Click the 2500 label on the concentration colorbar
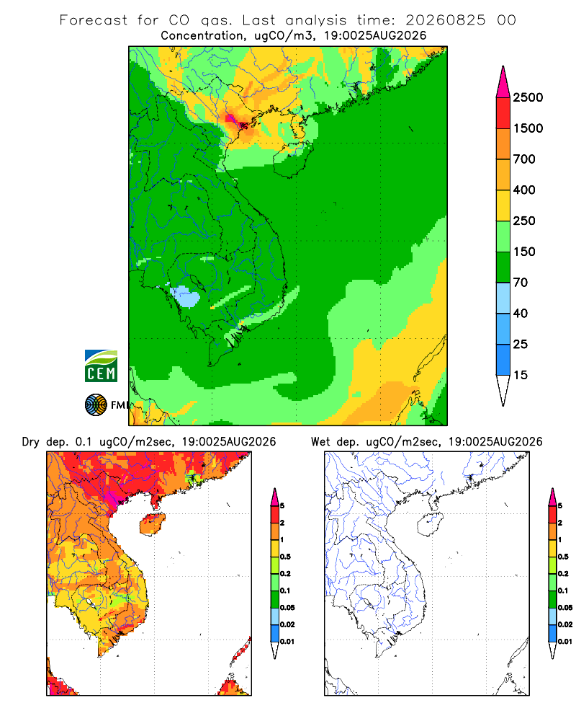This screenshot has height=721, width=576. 528,97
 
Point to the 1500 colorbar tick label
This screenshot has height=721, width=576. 528,128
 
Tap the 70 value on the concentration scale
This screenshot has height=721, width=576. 521,283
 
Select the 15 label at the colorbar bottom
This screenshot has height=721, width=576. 521,375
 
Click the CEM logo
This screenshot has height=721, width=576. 101,366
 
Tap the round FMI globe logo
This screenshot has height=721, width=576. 96,405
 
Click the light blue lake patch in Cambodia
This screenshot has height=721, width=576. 186,296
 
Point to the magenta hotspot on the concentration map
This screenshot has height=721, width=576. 231,119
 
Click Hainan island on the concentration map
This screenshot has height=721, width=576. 292,159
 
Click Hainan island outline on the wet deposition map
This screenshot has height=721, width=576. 430,525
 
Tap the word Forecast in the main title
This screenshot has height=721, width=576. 94,20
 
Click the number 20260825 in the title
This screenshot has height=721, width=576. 445,20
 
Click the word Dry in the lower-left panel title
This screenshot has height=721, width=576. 31,442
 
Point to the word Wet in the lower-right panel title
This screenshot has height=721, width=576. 320,442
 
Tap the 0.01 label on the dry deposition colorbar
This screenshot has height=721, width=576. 287,642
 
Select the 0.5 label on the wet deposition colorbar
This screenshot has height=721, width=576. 563,557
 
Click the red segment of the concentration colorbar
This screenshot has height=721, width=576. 503,112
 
